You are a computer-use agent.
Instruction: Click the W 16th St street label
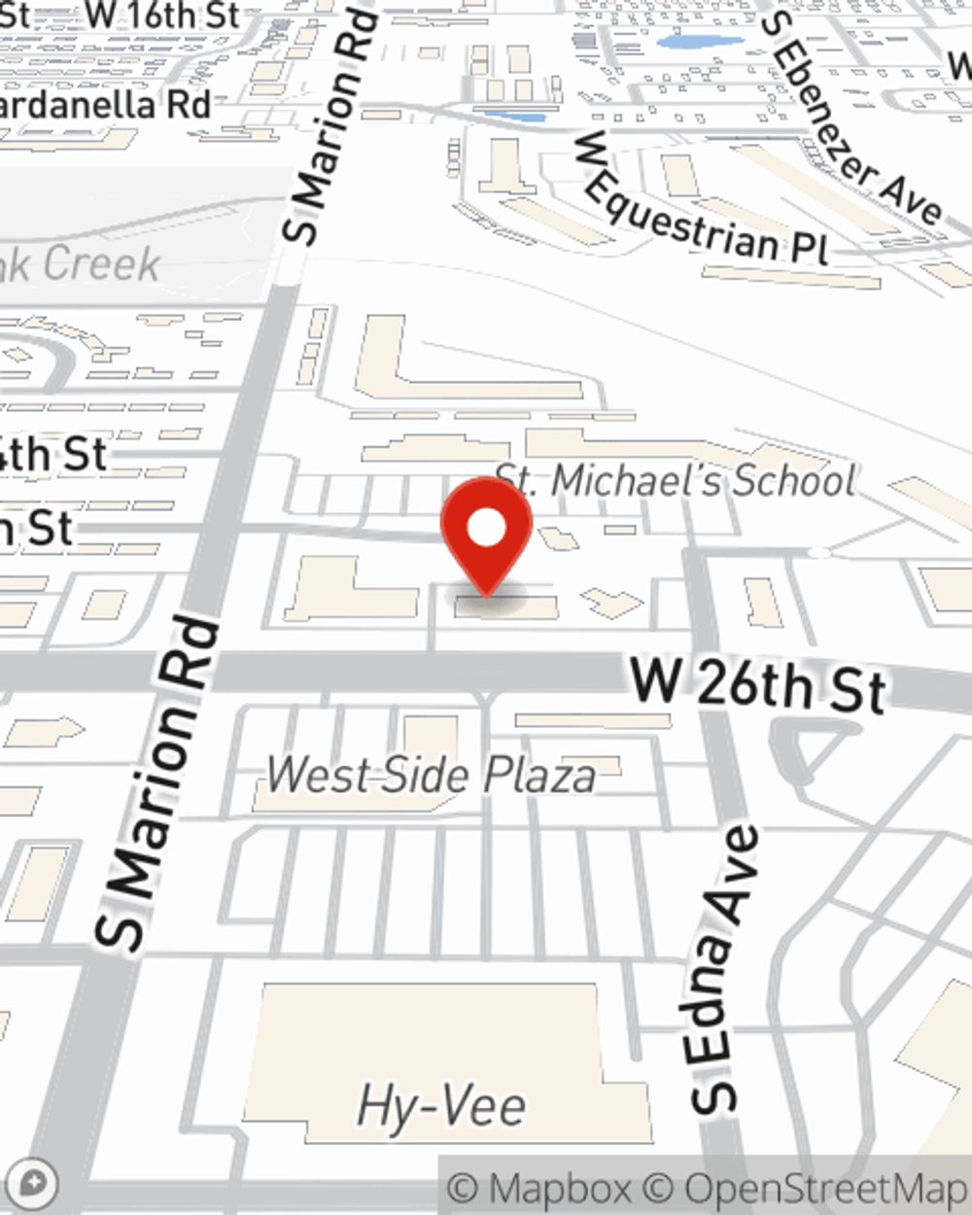click(162, 16)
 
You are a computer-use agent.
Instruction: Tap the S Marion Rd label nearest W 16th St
click(328, 126)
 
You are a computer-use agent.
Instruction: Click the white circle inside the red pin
click(486, 528)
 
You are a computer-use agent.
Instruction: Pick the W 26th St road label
click(758, 684)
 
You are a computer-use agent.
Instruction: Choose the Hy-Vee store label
click(442, 1106)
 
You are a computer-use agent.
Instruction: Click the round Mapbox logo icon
click(32, 1184)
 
